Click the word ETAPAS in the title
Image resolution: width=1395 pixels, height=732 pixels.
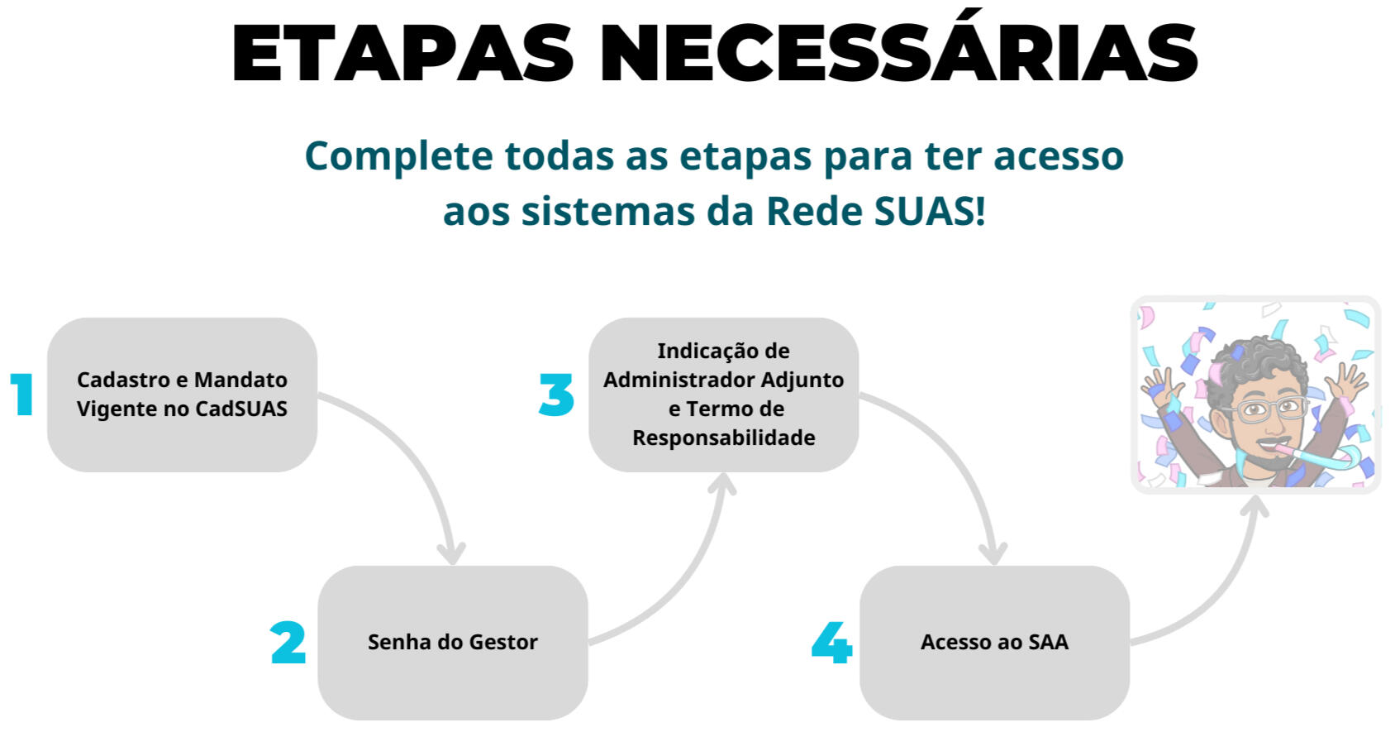(402, 53)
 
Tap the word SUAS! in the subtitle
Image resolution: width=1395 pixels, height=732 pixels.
(931, 211)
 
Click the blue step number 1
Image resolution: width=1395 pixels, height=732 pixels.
(22, 394)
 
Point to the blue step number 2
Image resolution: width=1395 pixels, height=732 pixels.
(288, 642)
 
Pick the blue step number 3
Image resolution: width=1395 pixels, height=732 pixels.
(556, 394)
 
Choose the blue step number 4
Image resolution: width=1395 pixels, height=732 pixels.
(832, 642)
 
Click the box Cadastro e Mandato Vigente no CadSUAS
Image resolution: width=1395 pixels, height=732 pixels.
(182, 394)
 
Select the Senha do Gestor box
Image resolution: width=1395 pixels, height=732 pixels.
(453, 642)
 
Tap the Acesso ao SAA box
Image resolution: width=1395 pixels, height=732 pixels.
(994, 642)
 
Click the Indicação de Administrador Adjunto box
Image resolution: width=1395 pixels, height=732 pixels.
(724, 394)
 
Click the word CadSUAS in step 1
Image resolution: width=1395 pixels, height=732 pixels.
(241, 409)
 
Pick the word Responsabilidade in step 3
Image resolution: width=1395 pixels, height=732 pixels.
(724, 438)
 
